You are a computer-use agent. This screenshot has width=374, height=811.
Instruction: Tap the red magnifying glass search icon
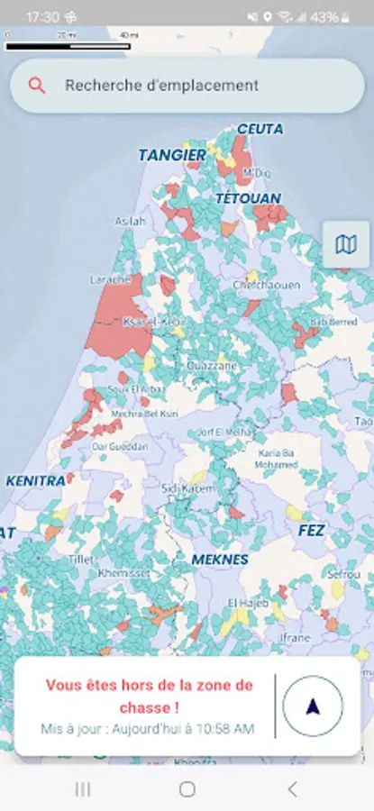pyautogui.click(x=37, y=86)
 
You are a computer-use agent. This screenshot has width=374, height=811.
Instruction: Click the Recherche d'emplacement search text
pyautogui.click(x=161, y=86)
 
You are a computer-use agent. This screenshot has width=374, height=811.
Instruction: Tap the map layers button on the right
pyautogui.click(x=345, y=244)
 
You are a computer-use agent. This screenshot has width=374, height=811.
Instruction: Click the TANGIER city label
pyautogui.click(x=172, y=156)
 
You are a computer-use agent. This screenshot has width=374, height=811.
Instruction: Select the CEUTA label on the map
pyautogui.click(x=260, y=130)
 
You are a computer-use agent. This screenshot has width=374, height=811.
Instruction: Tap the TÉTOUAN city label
pyautogui.click(x=248, y=197)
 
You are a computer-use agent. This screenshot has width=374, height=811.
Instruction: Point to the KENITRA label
pyautogui.click(x=36, y=481)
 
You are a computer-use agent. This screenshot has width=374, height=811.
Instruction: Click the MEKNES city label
pyautogui.click(x=219, y=560)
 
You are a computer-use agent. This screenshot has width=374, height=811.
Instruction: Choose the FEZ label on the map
pyautogui.click(x=311, y=531)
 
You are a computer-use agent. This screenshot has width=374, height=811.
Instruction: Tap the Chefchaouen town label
pyautogui.click(x=266, y=285)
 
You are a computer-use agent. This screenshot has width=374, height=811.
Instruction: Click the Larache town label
pyautogui.click(x=111, y=280)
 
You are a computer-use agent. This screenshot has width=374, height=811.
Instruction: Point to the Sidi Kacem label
pyautogui.click(x=187, y=488)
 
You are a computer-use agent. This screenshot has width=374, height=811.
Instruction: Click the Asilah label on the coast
pyautogui.click(x=130, y=221)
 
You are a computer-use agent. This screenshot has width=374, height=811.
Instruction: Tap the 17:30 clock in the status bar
pyautogui.click(x=42, y=17)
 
